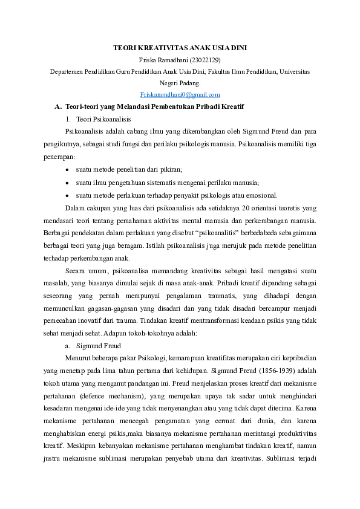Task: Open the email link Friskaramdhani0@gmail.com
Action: tap(180, 95)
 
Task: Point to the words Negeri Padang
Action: tap(180, 83)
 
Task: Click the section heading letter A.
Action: tap(58, 107)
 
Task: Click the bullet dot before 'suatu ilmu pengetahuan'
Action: tap(67, 183)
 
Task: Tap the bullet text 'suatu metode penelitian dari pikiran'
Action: tap(129, 170)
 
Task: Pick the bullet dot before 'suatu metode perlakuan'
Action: tap(67, 195)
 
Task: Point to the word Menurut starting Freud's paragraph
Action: tap(77, 358)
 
